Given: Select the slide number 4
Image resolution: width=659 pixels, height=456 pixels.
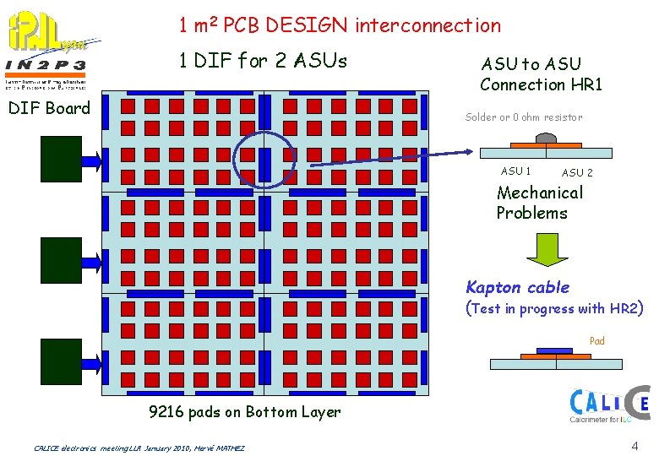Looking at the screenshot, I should point(634,445).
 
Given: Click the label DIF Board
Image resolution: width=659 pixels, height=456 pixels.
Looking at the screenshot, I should point(48,108).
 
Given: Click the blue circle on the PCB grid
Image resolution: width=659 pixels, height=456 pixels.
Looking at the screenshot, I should point(264,158).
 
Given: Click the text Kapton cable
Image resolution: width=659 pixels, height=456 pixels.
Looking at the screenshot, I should point(518,287).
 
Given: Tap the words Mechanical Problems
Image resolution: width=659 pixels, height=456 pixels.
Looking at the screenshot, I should point(539,203).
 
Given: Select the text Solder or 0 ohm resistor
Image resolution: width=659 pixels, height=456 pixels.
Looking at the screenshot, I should point(524,117).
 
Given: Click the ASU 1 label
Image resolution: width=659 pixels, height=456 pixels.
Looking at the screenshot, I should point(516,171).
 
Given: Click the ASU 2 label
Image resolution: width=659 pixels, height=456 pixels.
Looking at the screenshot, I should point(577,173).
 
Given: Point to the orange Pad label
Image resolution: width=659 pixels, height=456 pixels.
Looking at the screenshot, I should point(596,341).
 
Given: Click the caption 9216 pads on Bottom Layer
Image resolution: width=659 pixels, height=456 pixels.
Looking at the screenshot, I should point(244,412).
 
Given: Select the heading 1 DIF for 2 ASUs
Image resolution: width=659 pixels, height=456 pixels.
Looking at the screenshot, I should point(262,61).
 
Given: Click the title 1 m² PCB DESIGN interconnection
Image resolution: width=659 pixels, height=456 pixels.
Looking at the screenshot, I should point(339,25).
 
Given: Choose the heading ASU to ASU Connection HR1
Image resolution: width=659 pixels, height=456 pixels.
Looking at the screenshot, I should point(542,73).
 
